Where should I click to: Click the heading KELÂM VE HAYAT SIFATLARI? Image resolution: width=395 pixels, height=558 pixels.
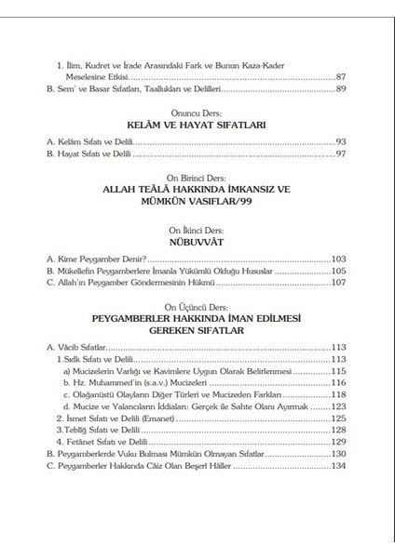197,123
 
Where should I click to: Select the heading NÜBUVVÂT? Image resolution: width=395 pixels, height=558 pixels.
197,239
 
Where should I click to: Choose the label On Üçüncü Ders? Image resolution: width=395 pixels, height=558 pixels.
197,306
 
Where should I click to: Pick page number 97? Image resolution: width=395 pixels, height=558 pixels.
341,153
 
